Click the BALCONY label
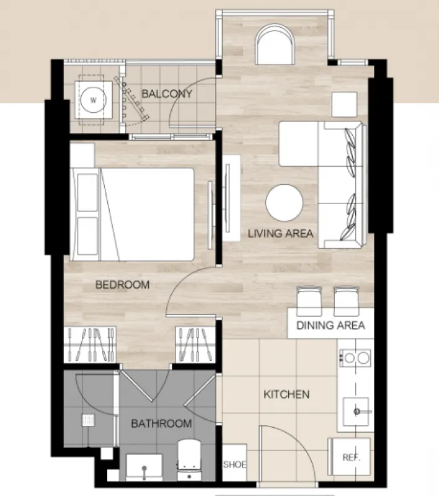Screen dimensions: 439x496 click(x=167, y=94)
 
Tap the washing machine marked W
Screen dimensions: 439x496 click(x=93, y=100)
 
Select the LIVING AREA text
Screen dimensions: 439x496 click(x=280, y=234)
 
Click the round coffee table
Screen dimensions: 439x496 click(x=284, y=203)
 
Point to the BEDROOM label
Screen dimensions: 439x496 click(x=122, y=285)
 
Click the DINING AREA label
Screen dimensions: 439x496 click(x=330, y=325)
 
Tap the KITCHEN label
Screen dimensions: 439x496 click(x=286, y=394)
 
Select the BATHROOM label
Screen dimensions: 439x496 click(x=161, y=423)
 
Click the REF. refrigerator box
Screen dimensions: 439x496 click(x=351, y=457)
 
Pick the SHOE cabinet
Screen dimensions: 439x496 click(x=234, y=463)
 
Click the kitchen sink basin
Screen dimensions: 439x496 click(x=356, y=411)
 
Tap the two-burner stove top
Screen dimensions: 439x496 click(x=355, y=358)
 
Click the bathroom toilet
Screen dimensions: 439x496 click(x=189, y=460)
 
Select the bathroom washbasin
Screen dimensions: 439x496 click(x=144, y=467)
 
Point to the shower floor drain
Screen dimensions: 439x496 click(x=88, y=421)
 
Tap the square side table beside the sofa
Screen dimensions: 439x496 click(x=344, y=104)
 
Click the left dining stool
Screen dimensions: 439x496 click(x=309, y=301)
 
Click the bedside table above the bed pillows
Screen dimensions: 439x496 click(x=82, y=156)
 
